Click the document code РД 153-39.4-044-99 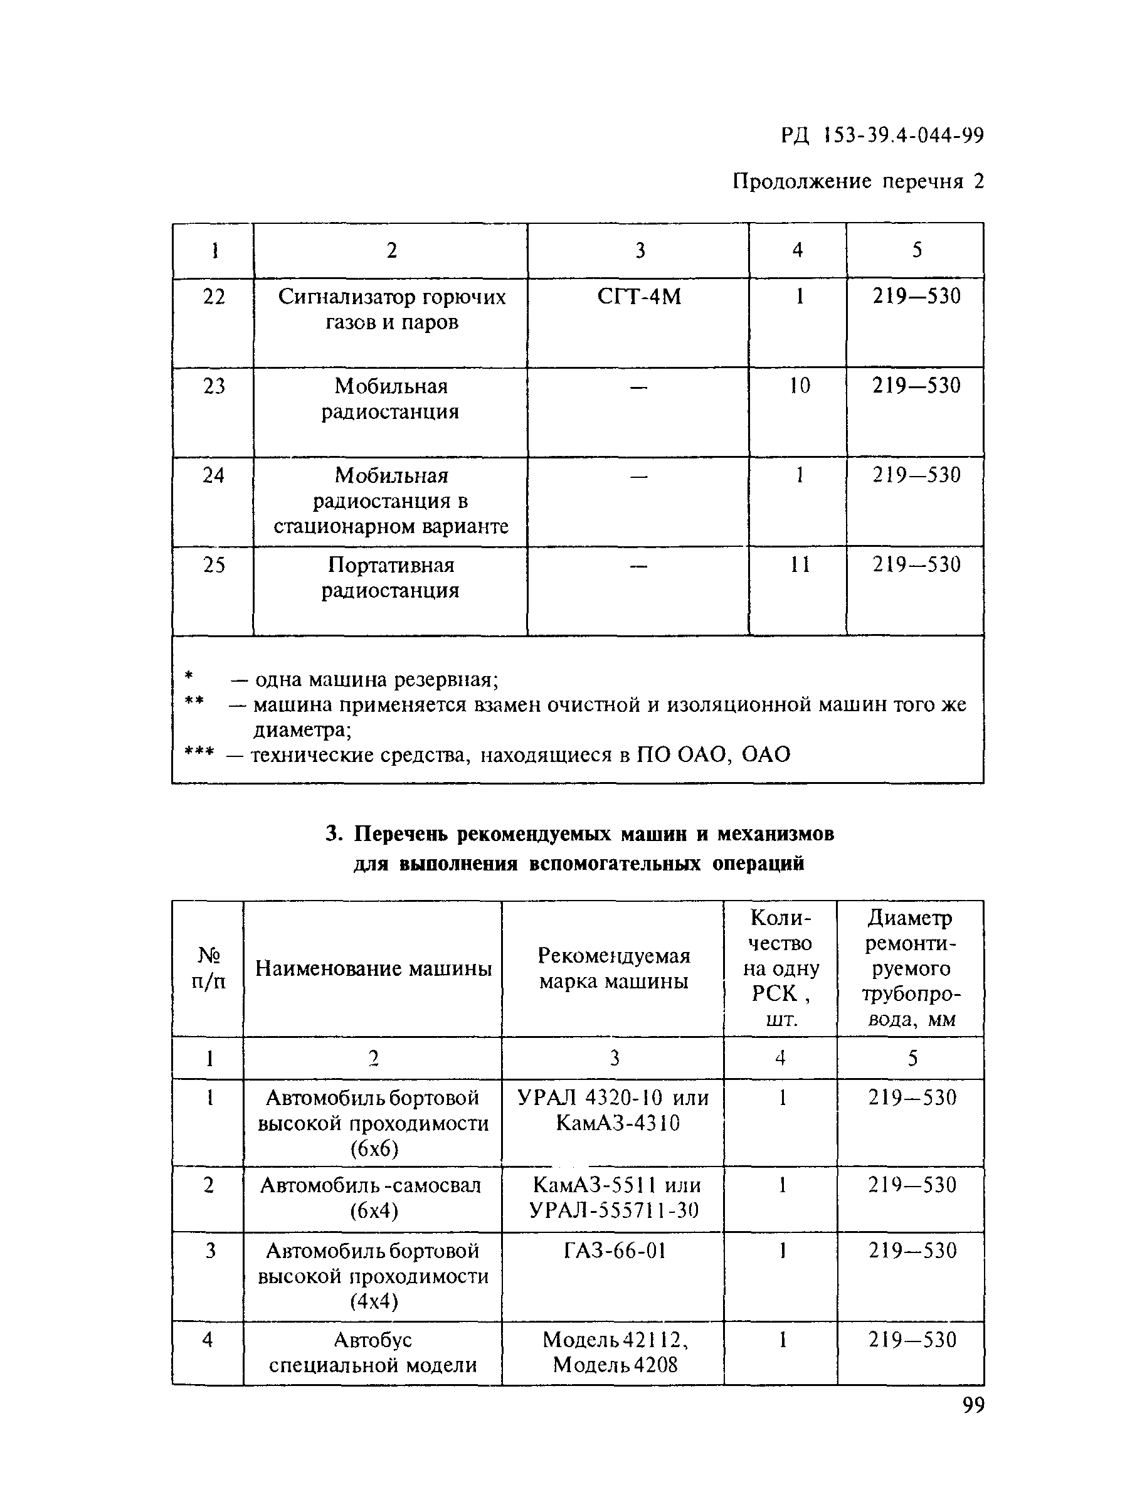(882, 137)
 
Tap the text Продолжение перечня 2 (857, 182)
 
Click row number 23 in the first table (214, 386)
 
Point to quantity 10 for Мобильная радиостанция (799, 386)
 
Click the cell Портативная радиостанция (391, 578)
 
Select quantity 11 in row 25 (799, 564)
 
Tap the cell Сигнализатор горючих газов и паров (391, 309)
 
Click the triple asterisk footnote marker (199, 754)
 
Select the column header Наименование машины (373, 969)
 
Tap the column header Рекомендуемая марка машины (613, 969)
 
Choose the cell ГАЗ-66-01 (615, 1251)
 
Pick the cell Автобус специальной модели (373, 1352)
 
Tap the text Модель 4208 (615, 1365)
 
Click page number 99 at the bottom (973, 1405)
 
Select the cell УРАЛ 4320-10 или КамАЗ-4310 (613, 1111)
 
